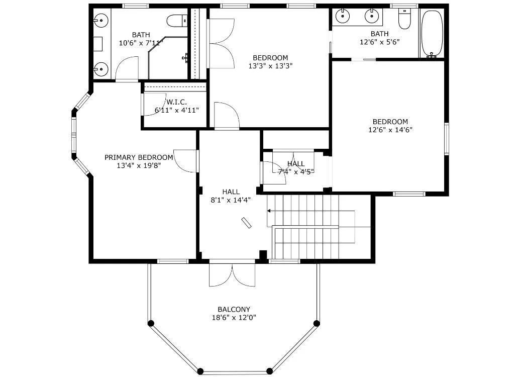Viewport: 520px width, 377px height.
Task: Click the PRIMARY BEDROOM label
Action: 139,157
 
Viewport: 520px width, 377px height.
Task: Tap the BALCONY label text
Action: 234,309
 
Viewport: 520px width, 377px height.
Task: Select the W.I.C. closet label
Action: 176,102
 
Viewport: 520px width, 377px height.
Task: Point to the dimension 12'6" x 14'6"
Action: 390,130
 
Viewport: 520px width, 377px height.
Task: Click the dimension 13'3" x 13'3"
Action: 270,66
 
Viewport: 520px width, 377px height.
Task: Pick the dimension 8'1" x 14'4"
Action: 231,200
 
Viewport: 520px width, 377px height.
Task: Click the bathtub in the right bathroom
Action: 432,34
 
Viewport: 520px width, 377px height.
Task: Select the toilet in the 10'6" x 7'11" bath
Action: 177,21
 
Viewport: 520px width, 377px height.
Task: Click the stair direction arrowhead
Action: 269,211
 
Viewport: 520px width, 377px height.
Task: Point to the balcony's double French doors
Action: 232,275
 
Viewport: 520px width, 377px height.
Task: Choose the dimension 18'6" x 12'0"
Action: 234,318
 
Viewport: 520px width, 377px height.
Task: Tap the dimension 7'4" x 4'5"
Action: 296,171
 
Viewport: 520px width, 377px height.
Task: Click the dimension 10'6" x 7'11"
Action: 141,43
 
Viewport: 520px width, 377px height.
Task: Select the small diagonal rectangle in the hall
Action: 246,223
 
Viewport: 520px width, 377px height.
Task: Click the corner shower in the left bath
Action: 168,58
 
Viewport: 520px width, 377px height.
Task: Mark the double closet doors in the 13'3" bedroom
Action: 221,43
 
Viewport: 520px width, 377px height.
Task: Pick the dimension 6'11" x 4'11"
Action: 177,110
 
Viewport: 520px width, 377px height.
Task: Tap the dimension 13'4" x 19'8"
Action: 139,165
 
